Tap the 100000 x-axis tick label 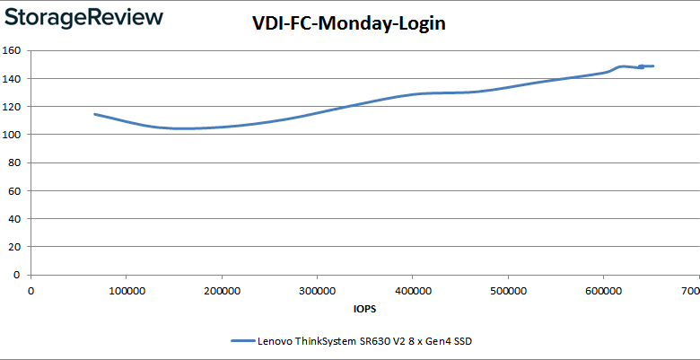[x=126, y=291]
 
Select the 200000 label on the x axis [x=221, y=291]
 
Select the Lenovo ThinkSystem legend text [x=365, y=341]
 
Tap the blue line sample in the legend [x=242, y=341]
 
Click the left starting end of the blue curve [x=95, y=114]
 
